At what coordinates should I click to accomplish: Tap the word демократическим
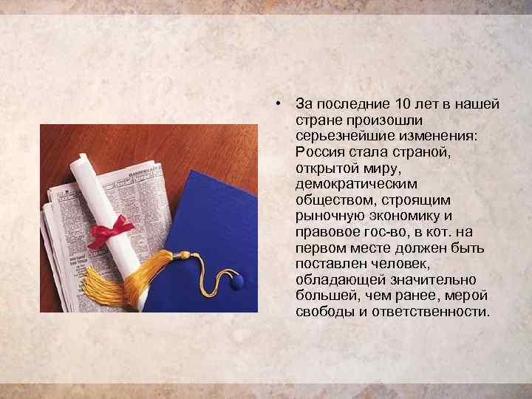click(x=345, y=183)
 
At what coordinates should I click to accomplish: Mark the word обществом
click(x=330, y=199)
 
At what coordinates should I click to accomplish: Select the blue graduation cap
click(x=211, y=222)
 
